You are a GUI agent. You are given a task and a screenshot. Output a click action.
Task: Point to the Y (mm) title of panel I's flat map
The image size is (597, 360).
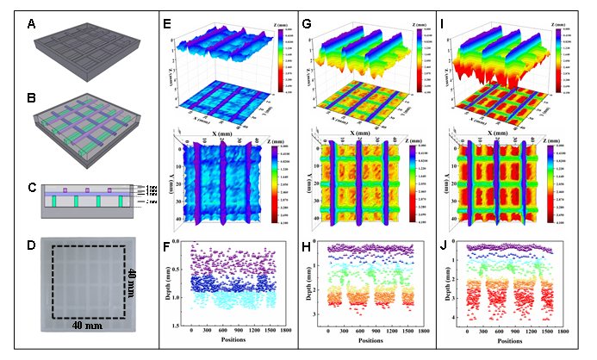445,184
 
